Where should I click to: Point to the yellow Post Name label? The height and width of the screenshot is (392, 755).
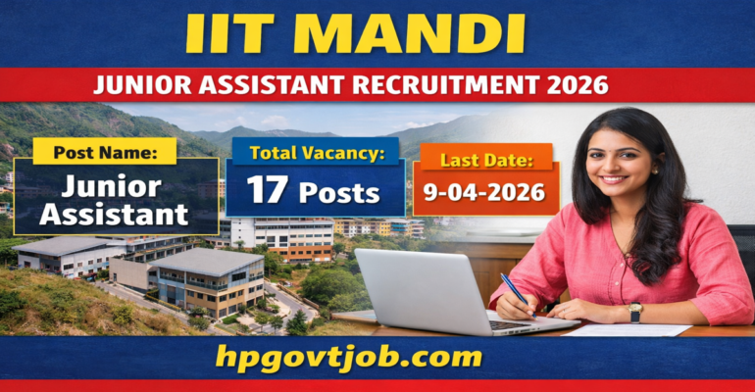point(104,151)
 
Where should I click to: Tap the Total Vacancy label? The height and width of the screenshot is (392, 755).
point(317,152)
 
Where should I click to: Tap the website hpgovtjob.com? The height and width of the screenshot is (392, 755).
point(377,357)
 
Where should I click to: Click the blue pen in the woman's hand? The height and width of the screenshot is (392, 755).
point(514,289)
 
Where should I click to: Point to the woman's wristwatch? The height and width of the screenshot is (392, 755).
point(635,311)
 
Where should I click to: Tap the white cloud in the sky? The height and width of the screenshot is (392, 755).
point(276,121)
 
